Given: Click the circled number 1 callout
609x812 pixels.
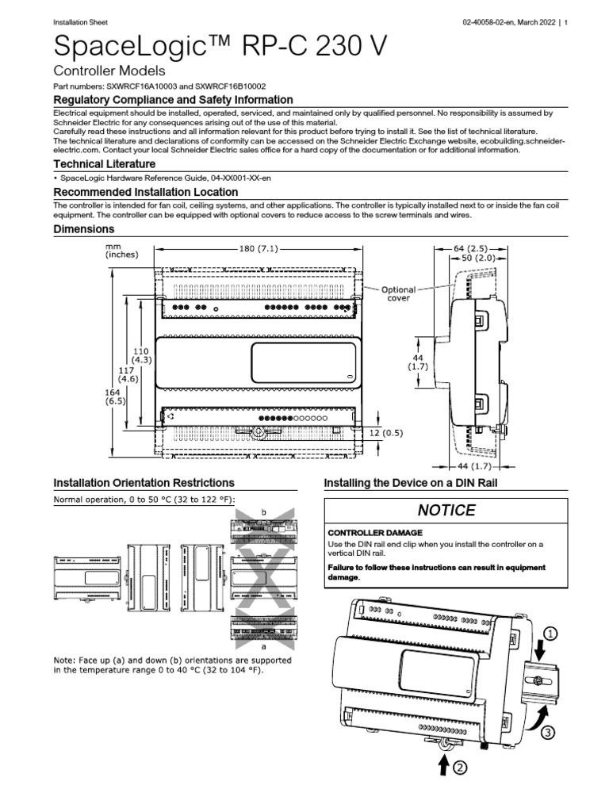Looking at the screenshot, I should tap(551, 634).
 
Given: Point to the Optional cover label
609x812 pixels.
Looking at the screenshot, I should tap(398, 294).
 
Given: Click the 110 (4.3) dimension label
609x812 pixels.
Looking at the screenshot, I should tap(141, 354).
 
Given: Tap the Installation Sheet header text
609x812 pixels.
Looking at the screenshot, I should tap(80, 22).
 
